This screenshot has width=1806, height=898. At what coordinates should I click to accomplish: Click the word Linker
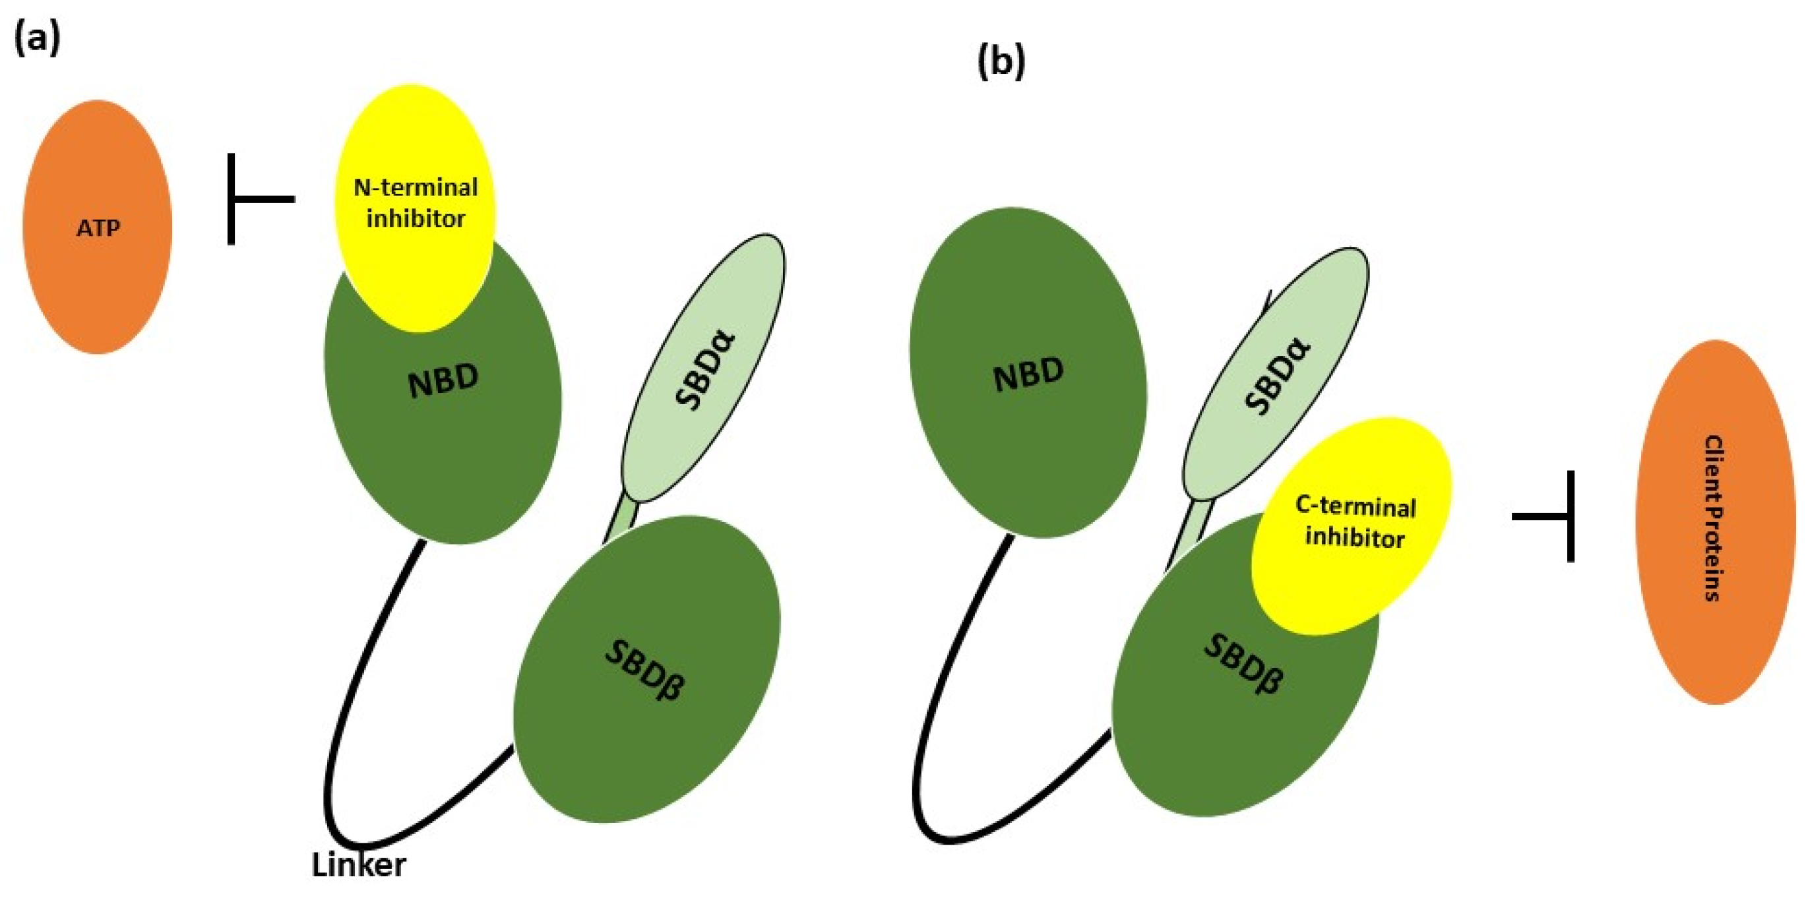point(358,864)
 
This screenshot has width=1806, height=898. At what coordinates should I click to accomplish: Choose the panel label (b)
point(1001,61)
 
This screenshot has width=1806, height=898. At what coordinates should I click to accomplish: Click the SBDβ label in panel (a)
point(644,669)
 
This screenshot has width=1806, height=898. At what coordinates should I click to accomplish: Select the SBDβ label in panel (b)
point(1243,663)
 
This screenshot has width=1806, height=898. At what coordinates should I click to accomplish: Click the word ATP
point(98,229)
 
